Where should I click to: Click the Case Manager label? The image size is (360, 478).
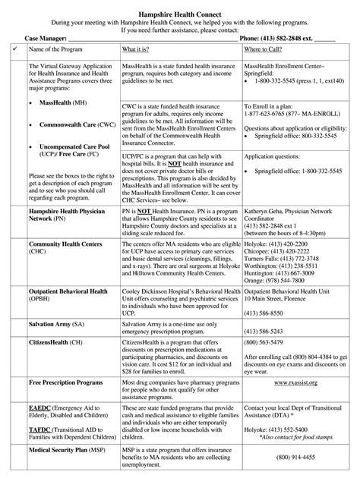[45, 36]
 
